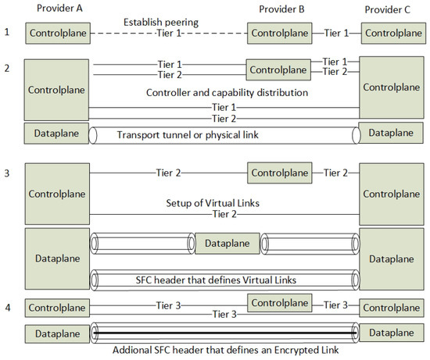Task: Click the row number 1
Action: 7,33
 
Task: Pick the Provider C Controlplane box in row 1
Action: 392,33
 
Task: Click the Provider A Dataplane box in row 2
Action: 56,134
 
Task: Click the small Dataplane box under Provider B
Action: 227,244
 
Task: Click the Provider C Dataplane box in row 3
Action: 392,258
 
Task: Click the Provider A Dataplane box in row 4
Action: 56,333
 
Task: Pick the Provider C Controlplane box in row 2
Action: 392,88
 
